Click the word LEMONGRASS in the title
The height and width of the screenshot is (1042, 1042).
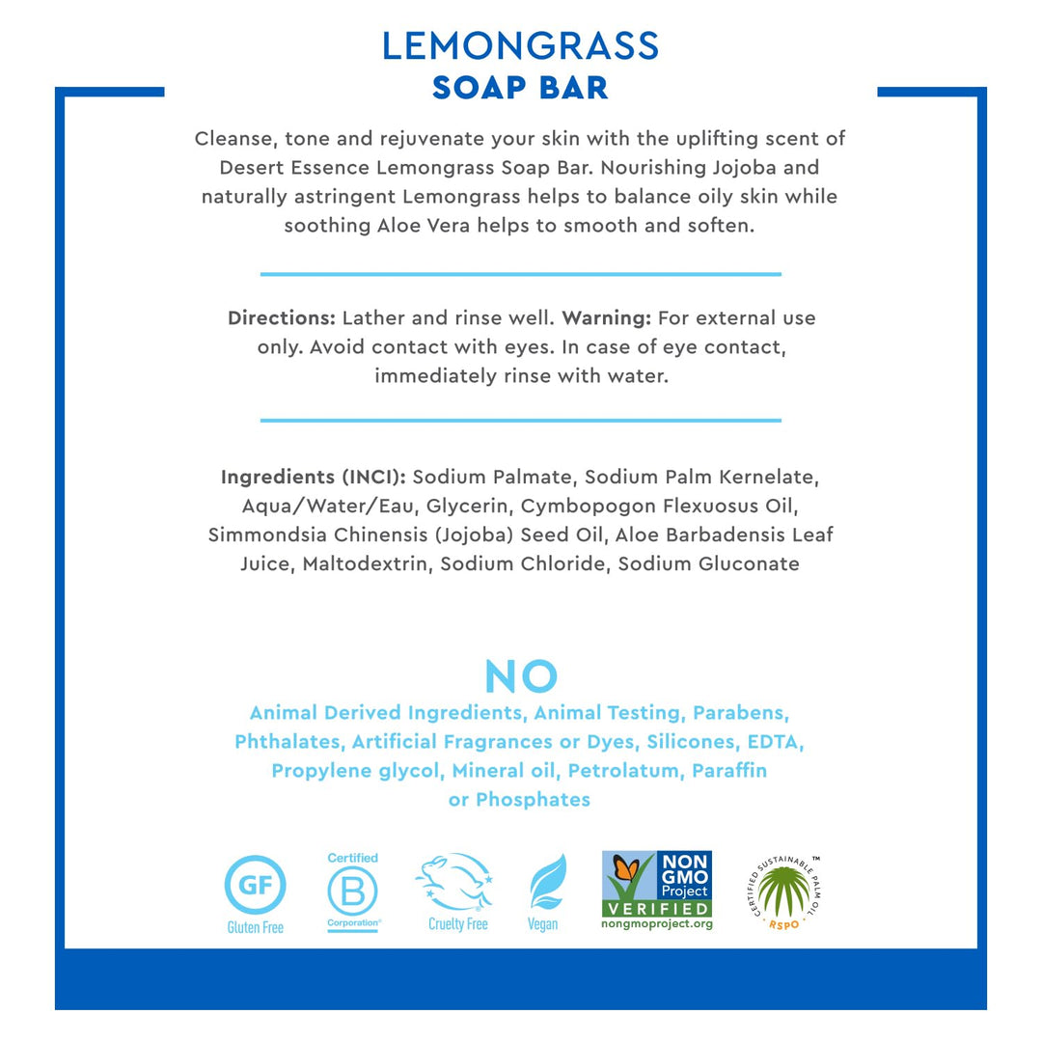coord(520,46)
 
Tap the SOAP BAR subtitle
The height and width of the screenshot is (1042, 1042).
coord(520,87)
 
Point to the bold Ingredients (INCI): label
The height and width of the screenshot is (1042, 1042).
coord(314,477)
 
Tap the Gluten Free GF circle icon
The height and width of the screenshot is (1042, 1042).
coord(255,885)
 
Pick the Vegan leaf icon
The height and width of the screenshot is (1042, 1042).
coord(546,883)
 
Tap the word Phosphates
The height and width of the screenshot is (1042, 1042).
coord(533,800)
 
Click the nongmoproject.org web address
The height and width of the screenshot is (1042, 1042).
coord(657,924)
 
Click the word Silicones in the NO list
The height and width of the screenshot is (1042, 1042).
coord(688,742)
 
